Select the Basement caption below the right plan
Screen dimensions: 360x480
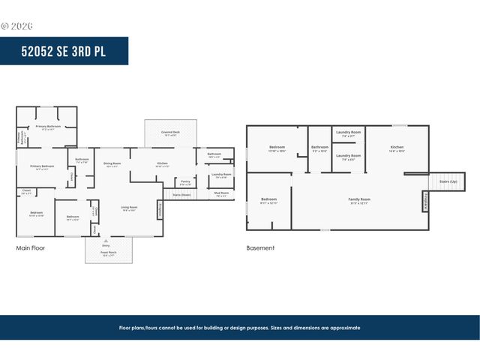(260, 247)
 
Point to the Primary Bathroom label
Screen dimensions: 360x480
(48, 127)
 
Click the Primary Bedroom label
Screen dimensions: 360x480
(42, 166)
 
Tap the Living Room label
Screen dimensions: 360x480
(129, 207)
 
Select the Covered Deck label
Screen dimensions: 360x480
(170, 133)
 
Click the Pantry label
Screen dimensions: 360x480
(184, 181)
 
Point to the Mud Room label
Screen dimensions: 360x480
(222, 193)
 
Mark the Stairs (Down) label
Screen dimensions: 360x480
(181, 194)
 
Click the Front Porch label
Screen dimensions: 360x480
(109, 254)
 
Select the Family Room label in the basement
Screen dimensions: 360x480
(359, 199)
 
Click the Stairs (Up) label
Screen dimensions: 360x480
(440, 181)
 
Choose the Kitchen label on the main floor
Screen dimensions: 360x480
(162, 163)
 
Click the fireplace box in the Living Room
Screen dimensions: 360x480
(160, 211)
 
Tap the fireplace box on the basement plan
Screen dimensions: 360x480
(425, 201)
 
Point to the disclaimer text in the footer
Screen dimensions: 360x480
(240, 328)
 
